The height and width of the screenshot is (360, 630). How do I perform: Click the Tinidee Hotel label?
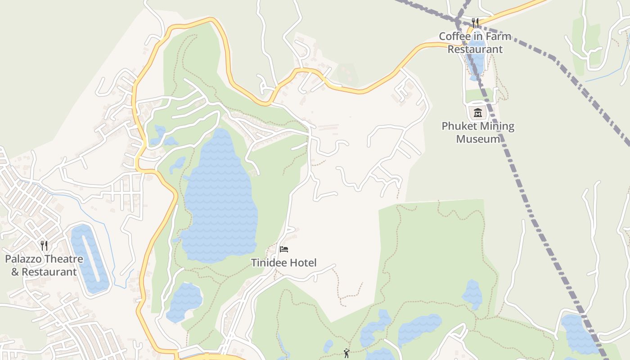coord(283,263)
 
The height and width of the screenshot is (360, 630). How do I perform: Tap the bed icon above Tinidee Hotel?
coord(283,249)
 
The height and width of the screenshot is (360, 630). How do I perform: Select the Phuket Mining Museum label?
coord(478,132)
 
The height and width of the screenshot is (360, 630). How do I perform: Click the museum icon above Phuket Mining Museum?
coord(478,112)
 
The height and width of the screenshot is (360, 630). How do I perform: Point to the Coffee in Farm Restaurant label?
coord(475,43)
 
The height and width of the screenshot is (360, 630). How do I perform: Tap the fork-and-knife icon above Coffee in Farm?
coord(475,22)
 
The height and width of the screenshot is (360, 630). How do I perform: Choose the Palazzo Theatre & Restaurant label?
coord(44,265)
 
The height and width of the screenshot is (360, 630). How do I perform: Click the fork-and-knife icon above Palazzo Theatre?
coord(44,245)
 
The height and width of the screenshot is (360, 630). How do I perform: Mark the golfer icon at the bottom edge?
coord(346,354)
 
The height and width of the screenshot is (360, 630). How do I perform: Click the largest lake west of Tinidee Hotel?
coord(220,198)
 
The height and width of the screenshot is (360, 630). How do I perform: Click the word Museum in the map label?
coord(478,139)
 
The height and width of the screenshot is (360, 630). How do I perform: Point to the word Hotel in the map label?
coord(303,263)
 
